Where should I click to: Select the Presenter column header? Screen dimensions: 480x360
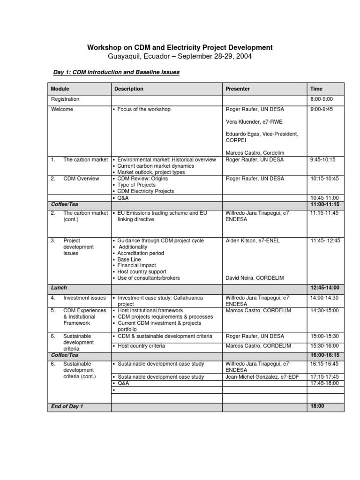click(x=238, y=89)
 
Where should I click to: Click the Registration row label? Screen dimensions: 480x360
click(x=65, y=99)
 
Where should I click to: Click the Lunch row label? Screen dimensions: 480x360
click(x=59, y=287)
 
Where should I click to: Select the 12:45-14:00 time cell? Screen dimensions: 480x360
click(x=324, y=287)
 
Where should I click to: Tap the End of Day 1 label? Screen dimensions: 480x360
click(x=67, y=406)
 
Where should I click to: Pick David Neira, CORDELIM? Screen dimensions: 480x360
click(x=255, y=278)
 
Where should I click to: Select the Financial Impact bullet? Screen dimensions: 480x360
click(x=137, y=265)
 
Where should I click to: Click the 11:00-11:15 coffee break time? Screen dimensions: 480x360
click(x=324, y=204)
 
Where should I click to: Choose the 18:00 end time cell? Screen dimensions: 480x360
click(x=317, y=406)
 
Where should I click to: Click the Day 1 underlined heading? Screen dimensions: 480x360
click(x=116, y=73)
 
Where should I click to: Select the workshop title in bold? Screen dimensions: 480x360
click(x=180, y=47)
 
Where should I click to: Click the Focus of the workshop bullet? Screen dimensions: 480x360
click(x=144, y=109)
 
